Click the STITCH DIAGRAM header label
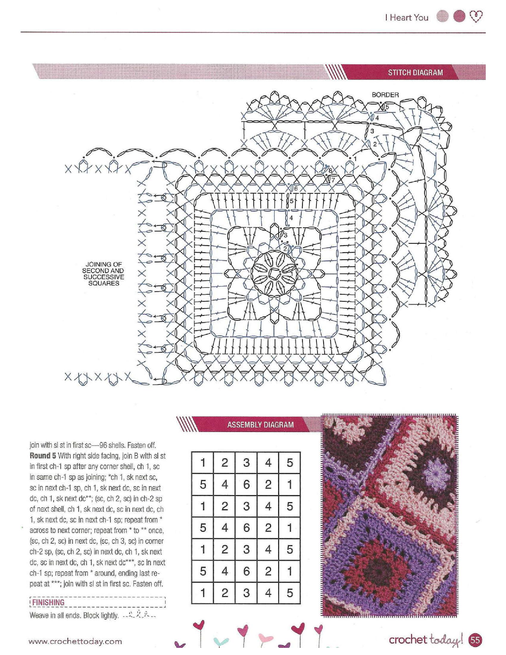pyautogui.click(x=415, y=72)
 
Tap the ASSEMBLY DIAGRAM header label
pyautogui.click(x=260, y=425)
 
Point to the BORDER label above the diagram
pyautogui.click(x=385, y=95)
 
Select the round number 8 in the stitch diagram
pyautogui.click(x=330, y=171)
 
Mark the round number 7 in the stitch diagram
pyautogui.click(x=333, y=180)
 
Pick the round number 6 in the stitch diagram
pyautogui.click(x=296, y=189)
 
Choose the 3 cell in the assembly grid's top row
pyautogui.click(x=246, y=463)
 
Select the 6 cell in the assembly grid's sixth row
pyautogui.click(x=246, y=571)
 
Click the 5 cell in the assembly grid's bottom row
pyautogui.click(x=290, y=593)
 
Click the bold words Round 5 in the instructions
pyautogui.click(x=43, y=456)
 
